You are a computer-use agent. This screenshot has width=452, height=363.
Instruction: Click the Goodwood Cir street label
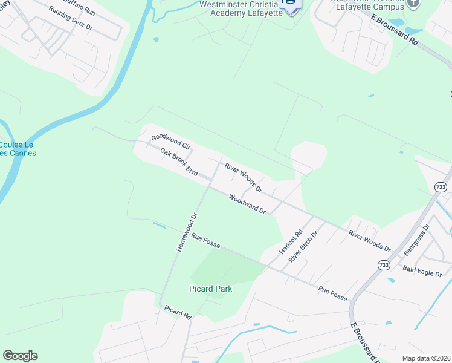pyautogui.click(x=170, y=142)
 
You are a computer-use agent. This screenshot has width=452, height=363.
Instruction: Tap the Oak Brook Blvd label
pyautogui.click(x=179, y=162)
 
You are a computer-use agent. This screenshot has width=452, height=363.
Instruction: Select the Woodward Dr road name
pyautogui.click(x=247, y=204)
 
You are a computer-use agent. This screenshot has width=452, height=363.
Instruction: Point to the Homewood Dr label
pyautogui.click(x=187, y=232)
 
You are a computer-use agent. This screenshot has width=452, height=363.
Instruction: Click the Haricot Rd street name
pyautogui.click(x=290, y=241)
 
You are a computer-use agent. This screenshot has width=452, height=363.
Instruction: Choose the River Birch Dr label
pyautogui.click(x=303, y=248)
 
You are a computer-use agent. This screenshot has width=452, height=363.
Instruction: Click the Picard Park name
pyautogui.click(x=210, y=289)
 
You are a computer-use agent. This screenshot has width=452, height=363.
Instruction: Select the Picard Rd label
pyautogui.click(x=178, y=312)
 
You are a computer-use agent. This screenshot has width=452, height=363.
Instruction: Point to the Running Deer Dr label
pyautogui.click(x=71, y=19)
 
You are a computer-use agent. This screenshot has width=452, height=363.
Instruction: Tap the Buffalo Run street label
pyautogui.click(x=79, y=6)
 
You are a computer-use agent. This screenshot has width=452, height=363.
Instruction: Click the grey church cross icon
pyautogui.click(x=413, y=3)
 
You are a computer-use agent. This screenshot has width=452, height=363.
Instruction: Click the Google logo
pyautogui.click(x=20, y=356)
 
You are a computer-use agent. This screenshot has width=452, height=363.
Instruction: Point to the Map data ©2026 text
pyautogui.click(x=427, y=358)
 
